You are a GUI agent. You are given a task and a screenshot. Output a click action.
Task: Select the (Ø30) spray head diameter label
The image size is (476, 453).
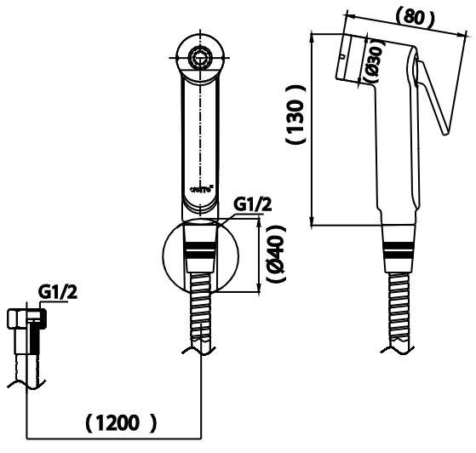pyautogui.click(x=373, y=62)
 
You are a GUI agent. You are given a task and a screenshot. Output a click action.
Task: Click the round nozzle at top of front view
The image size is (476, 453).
pyautogui.click(x=201, y=58)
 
